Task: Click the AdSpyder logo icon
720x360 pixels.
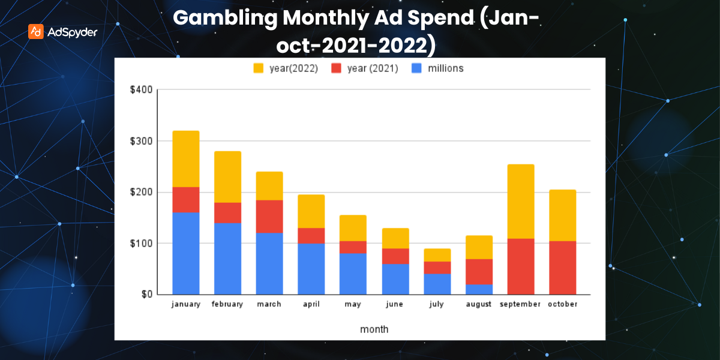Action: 36,31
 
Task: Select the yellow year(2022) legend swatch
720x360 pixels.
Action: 259,68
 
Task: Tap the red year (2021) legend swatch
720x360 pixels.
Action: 337,68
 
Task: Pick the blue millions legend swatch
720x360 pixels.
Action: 416,68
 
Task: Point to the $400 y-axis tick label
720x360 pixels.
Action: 141,90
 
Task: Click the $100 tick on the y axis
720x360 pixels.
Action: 141,244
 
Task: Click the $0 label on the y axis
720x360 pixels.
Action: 146,295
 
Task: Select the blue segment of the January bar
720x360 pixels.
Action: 186,253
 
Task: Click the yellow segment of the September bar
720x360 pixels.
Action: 520,201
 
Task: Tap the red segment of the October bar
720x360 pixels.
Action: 562,268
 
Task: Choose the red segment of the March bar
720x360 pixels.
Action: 269,216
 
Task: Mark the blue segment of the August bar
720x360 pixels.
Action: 479,289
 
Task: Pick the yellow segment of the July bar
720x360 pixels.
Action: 437,255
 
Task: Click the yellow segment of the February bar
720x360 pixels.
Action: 227,176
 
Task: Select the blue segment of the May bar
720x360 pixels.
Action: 353,274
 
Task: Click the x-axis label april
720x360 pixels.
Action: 311,304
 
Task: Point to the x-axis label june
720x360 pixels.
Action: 395,304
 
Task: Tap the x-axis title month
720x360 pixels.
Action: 374,329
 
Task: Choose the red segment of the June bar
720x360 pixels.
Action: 395,256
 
